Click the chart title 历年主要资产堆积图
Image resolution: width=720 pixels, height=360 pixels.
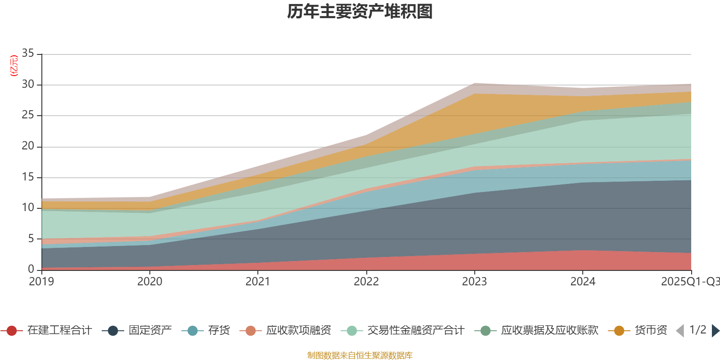[360, 12]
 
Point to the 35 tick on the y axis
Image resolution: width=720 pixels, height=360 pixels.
[28, 54]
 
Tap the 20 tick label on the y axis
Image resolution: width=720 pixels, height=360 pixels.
[28, 146]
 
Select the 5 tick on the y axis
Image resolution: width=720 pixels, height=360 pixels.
[31, 238]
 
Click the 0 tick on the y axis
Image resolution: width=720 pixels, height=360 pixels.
[31, 269]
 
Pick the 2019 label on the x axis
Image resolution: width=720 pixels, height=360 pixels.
[41, 282]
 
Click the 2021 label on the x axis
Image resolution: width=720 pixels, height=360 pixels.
[258, 282]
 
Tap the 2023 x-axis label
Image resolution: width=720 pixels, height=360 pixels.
[474, 282]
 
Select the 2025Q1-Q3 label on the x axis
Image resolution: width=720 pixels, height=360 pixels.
[690, 282]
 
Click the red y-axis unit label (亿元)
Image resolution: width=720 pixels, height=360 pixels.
[14, 66]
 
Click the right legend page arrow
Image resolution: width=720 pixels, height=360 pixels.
[715, 331]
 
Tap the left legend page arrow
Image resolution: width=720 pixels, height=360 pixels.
[680, 331]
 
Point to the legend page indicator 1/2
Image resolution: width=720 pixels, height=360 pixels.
[697, 330]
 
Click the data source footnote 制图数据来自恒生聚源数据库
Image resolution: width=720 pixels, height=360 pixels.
[360, 355]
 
